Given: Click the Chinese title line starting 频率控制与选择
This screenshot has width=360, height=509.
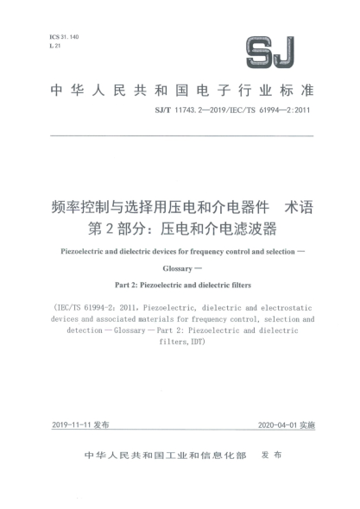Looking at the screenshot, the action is click(155, 208).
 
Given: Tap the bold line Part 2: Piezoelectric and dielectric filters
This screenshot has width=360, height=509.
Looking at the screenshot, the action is click(180, 285).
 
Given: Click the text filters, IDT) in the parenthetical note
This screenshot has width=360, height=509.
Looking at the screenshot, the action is click(180, 341).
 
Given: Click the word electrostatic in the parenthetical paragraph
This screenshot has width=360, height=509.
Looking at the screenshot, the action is click(285, 307).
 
